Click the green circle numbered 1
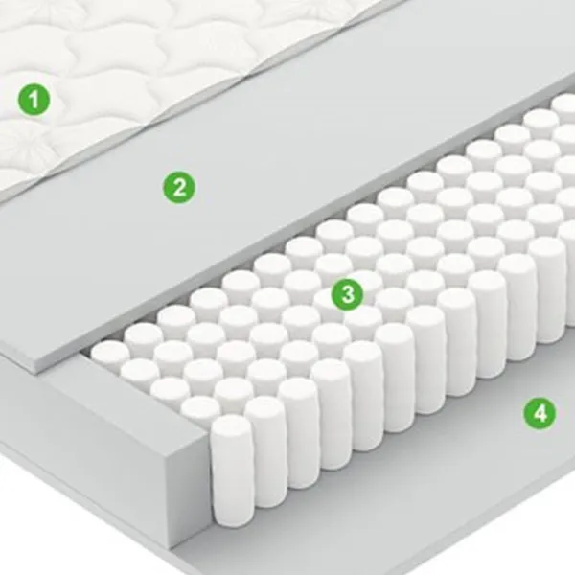(x=34, y=99)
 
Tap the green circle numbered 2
(x=179, y=188)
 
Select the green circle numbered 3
(x=348, y=294)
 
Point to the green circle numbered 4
(x=540, y=414)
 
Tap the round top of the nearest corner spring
(x=232, y=427)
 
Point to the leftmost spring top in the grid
(x=110, y=352)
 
